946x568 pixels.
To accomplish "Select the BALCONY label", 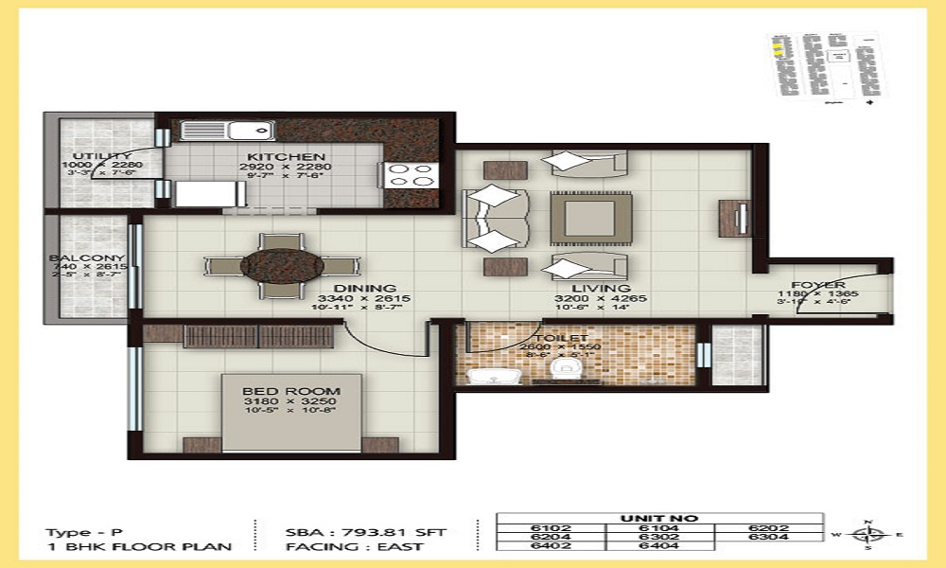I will click(88, 257).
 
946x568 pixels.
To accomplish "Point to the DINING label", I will click(363, 289).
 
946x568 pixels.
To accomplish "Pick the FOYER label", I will click(818, 285).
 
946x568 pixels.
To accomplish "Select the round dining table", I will click(275, 265).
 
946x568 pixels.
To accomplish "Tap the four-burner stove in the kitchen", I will click(411, 174).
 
